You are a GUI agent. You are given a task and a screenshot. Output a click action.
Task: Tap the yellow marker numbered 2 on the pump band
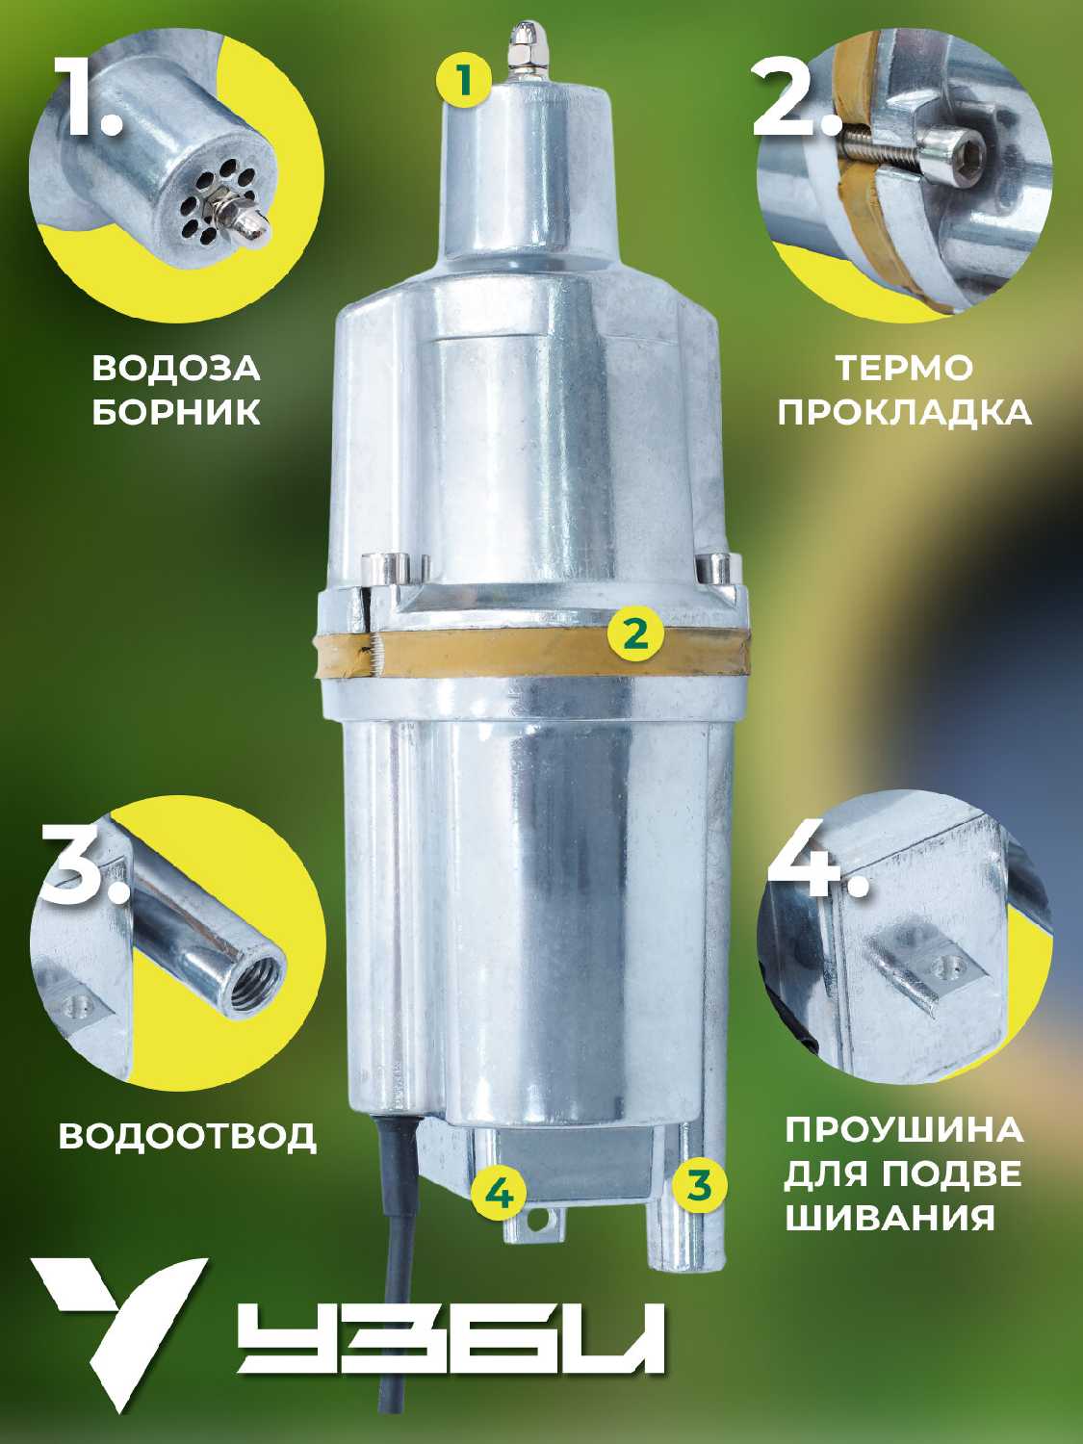coord(634,632)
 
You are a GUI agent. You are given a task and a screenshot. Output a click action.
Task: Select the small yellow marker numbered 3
coord(699,1185)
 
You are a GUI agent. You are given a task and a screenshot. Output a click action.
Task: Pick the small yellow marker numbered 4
coord(500,1194)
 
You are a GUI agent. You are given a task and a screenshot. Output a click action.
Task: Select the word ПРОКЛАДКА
coord(905,412)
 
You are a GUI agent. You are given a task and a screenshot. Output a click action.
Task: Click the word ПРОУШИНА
coord(904,1130)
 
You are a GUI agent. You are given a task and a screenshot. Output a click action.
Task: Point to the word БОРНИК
coord(176,412)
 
